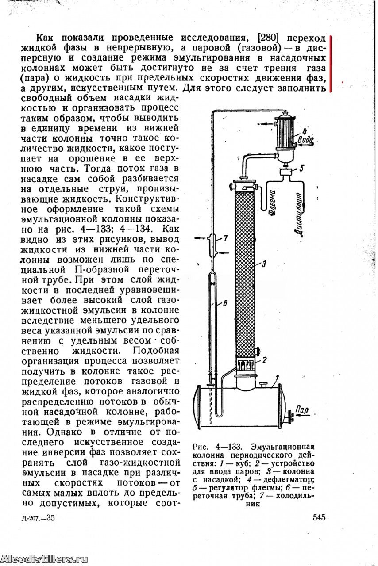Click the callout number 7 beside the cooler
click(x=225, y=238)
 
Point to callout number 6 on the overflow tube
click(x=224, y=303)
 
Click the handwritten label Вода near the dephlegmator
click(x=306, y=140)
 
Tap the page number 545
click(x=319, y=517)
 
